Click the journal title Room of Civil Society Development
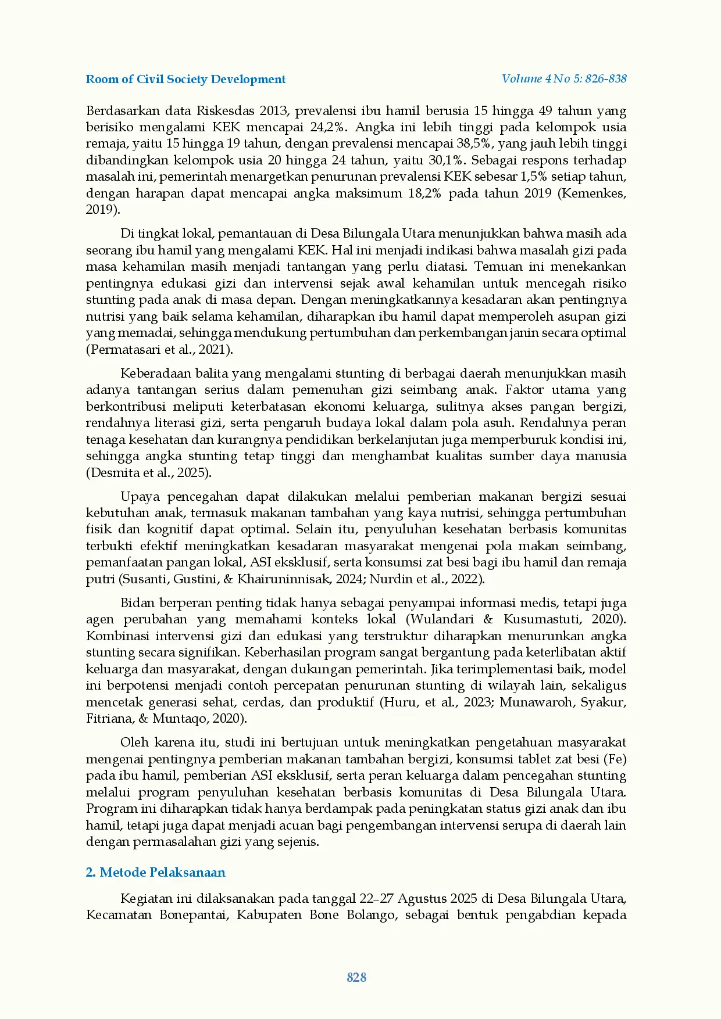[185, 80]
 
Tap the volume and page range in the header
[564, 79]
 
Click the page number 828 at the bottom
[356, 977]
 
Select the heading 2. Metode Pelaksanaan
[155, 872]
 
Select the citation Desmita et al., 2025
[148, 472]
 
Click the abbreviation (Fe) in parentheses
[615, 759]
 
